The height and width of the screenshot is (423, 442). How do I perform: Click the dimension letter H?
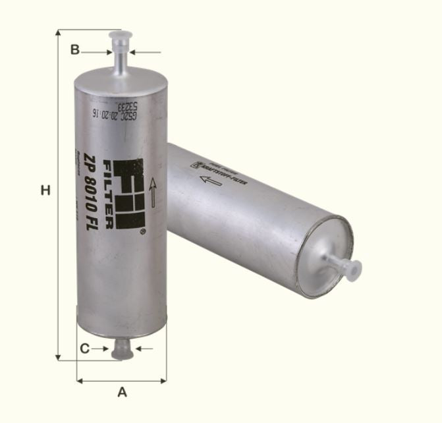pyautogui.click(x=45, y=191)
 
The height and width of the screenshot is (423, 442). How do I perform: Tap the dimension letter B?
pyautogui.click(x=75, y=49)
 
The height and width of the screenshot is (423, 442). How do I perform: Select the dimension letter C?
pyautogui.click(x=84, y=348)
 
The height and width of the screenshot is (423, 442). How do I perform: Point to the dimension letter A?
pyautogui.click(x=122, y=392)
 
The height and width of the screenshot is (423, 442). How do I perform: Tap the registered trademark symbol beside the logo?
pyautogui.click(x=142, y=232)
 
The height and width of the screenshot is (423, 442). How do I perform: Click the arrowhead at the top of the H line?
pyautogui.click(x=59, y=34)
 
